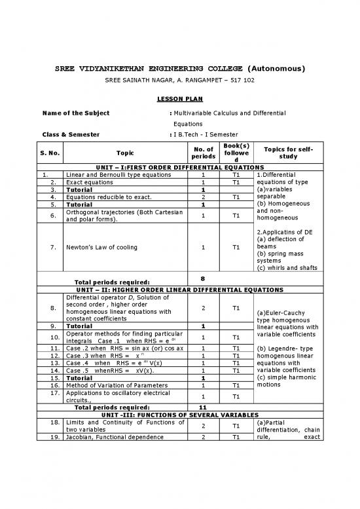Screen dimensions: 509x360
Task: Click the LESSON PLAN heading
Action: point(179,99)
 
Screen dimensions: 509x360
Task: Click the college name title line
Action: point(179,69)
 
